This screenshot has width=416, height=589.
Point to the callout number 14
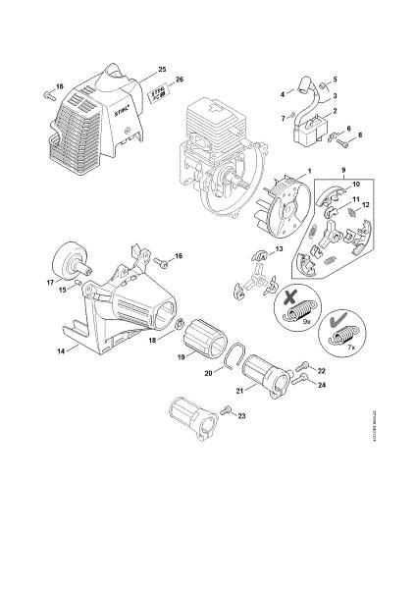60,348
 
